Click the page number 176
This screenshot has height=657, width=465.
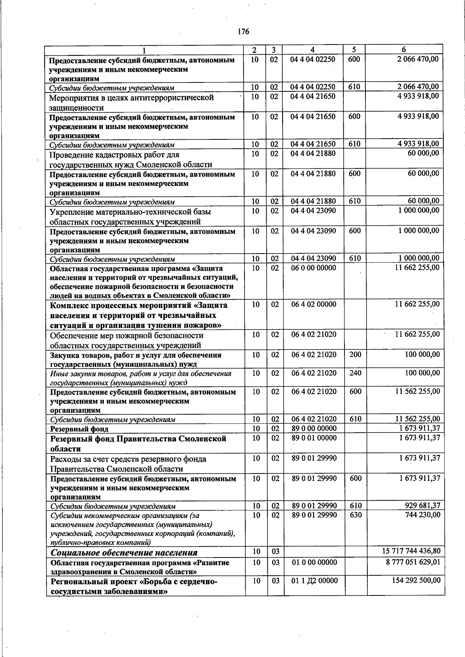point(243,32)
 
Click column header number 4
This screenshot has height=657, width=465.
point(312,50)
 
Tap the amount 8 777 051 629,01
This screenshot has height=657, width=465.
point(413,562)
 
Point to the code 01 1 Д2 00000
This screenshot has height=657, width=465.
point(314,580)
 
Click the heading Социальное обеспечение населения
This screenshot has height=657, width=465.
point(124,552)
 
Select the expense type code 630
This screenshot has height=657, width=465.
point(355,515)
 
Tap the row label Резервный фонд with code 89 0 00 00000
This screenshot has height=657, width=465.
point(79,429)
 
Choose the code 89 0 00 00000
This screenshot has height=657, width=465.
point(314,429)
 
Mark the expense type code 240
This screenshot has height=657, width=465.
point(355,373)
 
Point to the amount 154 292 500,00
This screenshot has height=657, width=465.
point(417,580)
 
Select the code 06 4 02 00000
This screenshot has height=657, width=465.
point(314,304)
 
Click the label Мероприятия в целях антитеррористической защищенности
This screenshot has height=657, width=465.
point(131,103)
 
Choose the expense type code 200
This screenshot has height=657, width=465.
point(355,354)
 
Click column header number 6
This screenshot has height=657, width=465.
point(404,50)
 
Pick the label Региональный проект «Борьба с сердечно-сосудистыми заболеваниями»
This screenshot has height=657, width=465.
point(134,587)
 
